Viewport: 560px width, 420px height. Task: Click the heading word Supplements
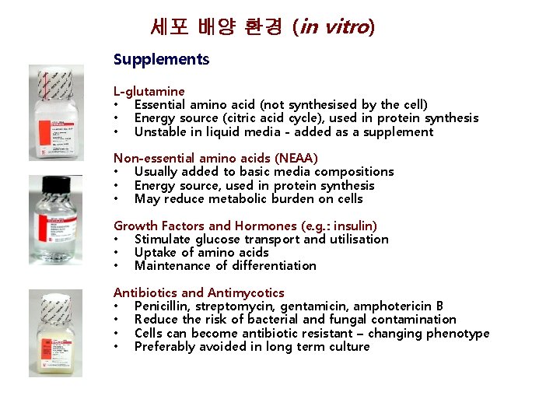[161, 60]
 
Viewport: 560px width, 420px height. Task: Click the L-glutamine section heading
[149, 92]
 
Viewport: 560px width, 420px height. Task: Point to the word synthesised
[324, 105]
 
